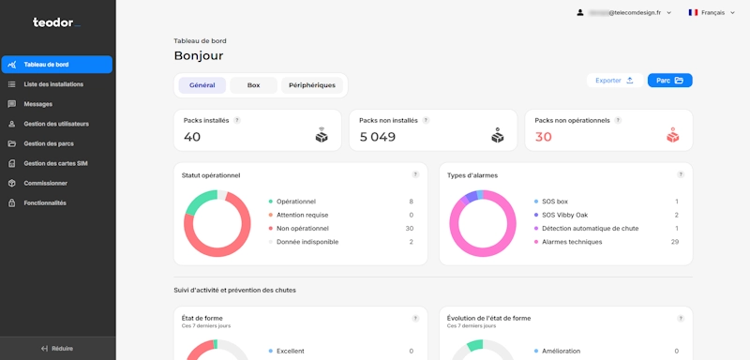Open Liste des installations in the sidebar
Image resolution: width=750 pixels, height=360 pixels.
(x=53, y=84)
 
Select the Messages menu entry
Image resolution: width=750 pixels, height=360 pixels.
(x=38, y=104)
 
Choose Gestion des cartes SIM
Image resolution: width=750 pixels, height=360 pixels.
(x=55, y=163)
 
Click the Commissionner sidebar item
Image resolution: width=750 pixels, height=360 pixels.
(x=46, y=183)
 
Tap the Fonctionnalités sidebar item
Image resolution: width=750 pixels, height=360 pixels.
(x=45, y=202)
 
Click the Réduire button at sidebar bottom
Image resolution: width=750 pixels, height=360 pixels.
(x=57, y=348)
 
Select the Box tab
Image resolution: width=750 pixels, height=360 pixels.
(x=253, y=85)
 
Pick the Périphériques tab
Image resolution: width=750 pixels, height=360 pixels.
(x=312, y=85)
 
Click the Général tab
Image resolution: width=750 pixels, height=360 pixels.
(x=202, y=85)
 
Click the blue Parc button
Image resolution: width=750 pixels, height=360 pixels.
(x=669, y=81)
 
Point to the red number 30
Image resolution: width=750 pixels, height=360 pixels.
(x=544, y=137)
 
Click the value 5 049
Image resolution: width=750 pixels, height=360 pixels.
(x=378, y=137)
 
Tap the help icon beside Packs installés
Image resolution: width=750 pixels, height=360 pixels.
(x=237, y=120)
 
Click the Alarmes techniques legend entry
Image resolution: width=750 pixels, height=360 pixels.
(x=572, y=242)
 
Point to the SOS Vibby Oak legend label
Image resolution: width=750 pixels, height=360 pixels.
(x=564, y=215)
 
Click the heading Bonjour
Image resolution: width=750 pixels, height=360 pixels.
(x=199, y=56)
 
